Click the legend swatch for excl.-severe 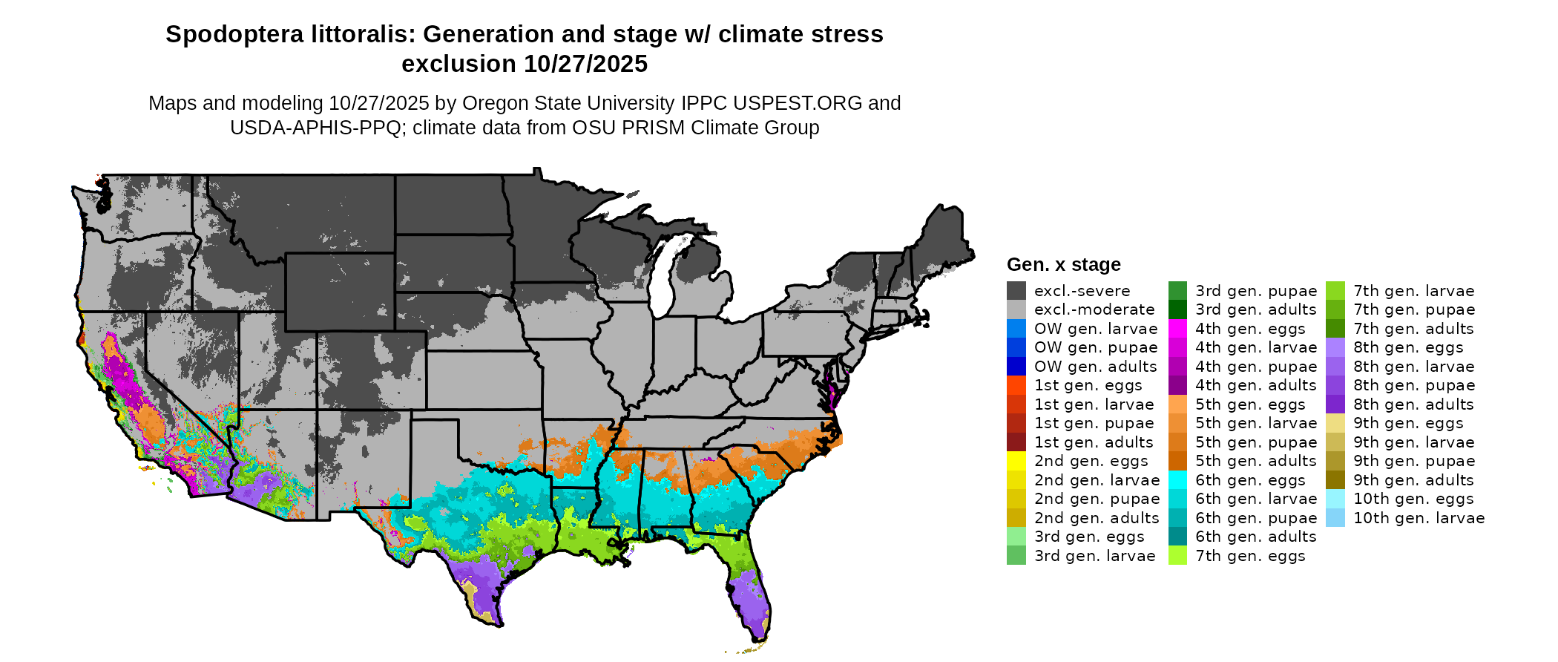1016,291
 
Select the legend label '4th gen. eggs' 1250,329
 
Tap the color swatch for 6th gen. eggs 1177,480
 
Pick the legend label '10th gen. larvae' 1419,518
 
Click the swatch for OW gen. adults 1016,367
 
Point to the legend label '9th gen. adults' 1413,480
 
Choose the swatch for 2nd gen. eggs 1016,461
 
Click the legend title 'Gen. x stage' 1063,265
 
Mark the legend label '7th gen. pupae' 1413,309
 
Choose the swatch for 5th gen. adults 1177,461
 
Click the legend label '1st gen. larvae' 1094,404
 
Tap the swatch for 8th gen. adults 1335,404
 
